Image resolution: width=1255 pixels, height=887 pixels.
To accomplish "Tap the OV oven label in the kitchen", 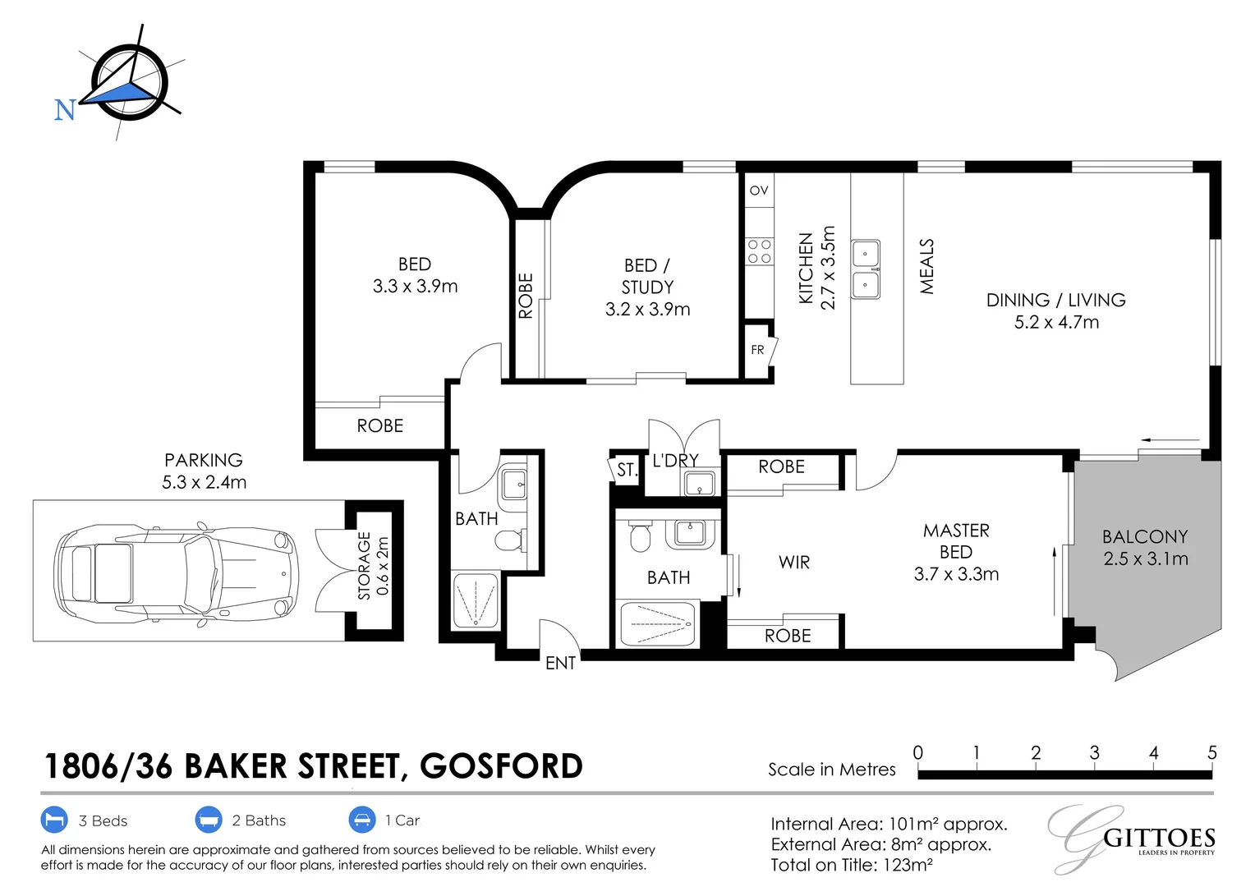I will point(759,191).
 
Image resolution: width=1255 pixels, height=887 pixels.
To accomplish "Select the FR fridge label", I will point(757,350).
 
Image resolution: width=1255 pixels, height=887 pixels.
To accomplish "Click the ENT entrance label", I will point(560,663).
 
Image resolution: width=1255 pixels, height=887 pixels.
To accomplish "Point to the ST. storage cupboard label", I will point(627,470).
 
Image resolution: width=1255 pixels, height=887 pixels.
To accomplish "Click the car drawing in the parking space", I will point(175,572).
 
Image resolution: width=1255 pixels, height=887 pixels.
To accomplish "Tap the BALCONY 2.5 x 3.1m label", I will point(1145,548).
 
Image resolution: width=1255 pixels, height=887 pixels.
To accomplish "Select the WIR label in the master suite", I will point(794,563).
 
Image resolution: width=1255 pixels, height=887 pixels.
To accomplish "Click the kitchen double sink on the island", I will point(865,269).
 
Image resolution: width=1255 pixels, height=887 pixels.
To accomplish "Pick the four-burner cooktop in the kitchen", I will point(760,251).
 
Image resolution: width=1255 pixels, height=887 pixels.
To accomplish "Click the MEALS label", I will point(927,267).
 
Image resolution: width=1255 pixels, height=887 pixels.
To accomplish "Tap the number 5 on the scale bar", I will point(1211,753).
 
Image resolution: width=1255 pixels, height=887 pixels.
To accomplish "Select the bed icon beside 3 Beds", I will point(53,820).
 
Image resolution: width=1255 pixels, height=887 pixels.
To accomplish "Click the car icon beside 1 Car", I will point(362,820).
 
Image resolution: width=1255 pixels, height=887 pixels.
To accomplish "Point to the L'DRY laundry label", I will point(675,461).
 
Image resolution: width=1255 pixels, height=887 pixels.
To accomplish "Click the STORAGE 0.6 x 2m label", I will point(374,567).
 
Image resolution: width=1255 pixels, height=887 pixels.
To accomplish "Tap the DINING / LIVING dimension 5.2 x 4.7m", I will point(1056,322).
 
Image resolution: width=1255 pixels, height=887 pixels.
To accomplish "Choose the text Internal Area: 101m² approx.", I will point(888,824).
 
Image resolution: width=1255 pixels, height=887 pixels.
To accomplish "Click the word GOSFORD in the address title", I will point(501,766).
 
